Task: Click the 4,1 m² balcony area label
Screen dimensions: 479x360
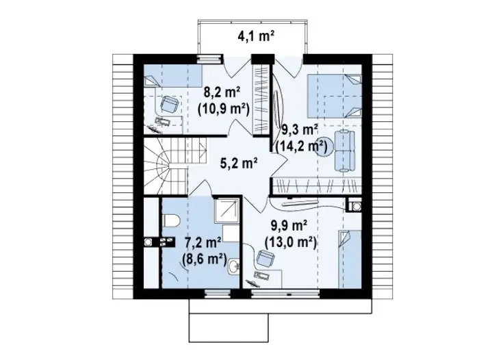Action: (x=255, y=36)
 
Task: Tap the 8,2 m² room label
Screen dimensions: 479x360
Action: (x=222, y=92)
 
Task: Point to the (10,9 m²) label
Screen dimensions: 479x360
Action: (x=223, y=108)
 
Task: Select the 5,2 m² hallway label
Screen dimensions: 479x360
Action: (x=238, y=163)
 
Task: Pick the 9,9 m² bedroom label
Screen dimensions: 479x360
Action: (x=289, y=226)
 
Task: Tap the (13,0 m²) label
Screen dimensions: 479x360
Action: (x=290, y=242)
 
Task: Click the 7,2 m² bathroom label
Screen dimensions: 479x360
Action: (x=203, y=243)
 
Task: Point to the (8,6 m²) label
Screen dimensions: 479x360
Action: (x=204, y=259)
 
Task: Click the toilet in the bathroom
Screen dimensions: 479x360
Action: (x=171, y=220)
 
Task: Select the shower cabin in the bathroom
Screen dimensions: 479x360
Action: (x=227, y=211)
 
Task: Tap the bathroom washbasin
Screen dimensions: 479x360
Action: (x=234, y=266)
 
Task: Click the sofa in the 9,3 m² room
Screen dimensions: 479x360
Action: (x=345, y=151)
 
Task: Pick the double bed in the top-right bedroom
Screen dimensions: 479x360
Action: (x=335, y=96)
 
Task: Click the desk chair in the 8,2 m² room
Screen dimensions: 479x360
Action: (x=168, y=103)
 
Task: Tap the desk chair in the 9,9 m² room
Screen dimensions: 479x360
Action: (x=265, y=257)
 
